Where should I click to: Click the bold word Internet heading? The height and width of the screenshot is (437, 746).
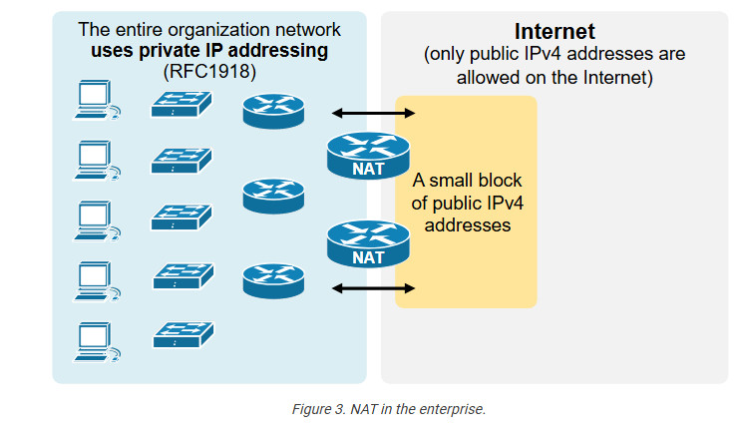(555, 31)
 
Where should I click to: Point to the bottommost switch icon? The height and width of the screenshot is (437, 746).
(182, 334)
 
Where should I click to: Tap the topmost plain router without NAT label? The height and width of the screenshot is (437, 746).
(272, 110)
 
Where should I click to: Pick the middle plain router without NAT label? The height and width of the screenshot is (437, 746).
(272, 195)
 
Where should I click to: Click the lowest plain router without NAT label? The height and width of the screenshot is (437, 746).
(272, 280)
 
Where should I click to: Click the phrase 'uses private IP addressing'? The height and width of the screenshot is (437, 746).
(208, 50)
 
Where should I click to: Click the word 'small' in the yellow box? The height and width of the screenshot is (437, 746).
(456, 182)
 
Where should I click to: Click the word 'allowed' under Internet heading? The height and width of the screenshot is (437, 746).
(494, 76)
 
